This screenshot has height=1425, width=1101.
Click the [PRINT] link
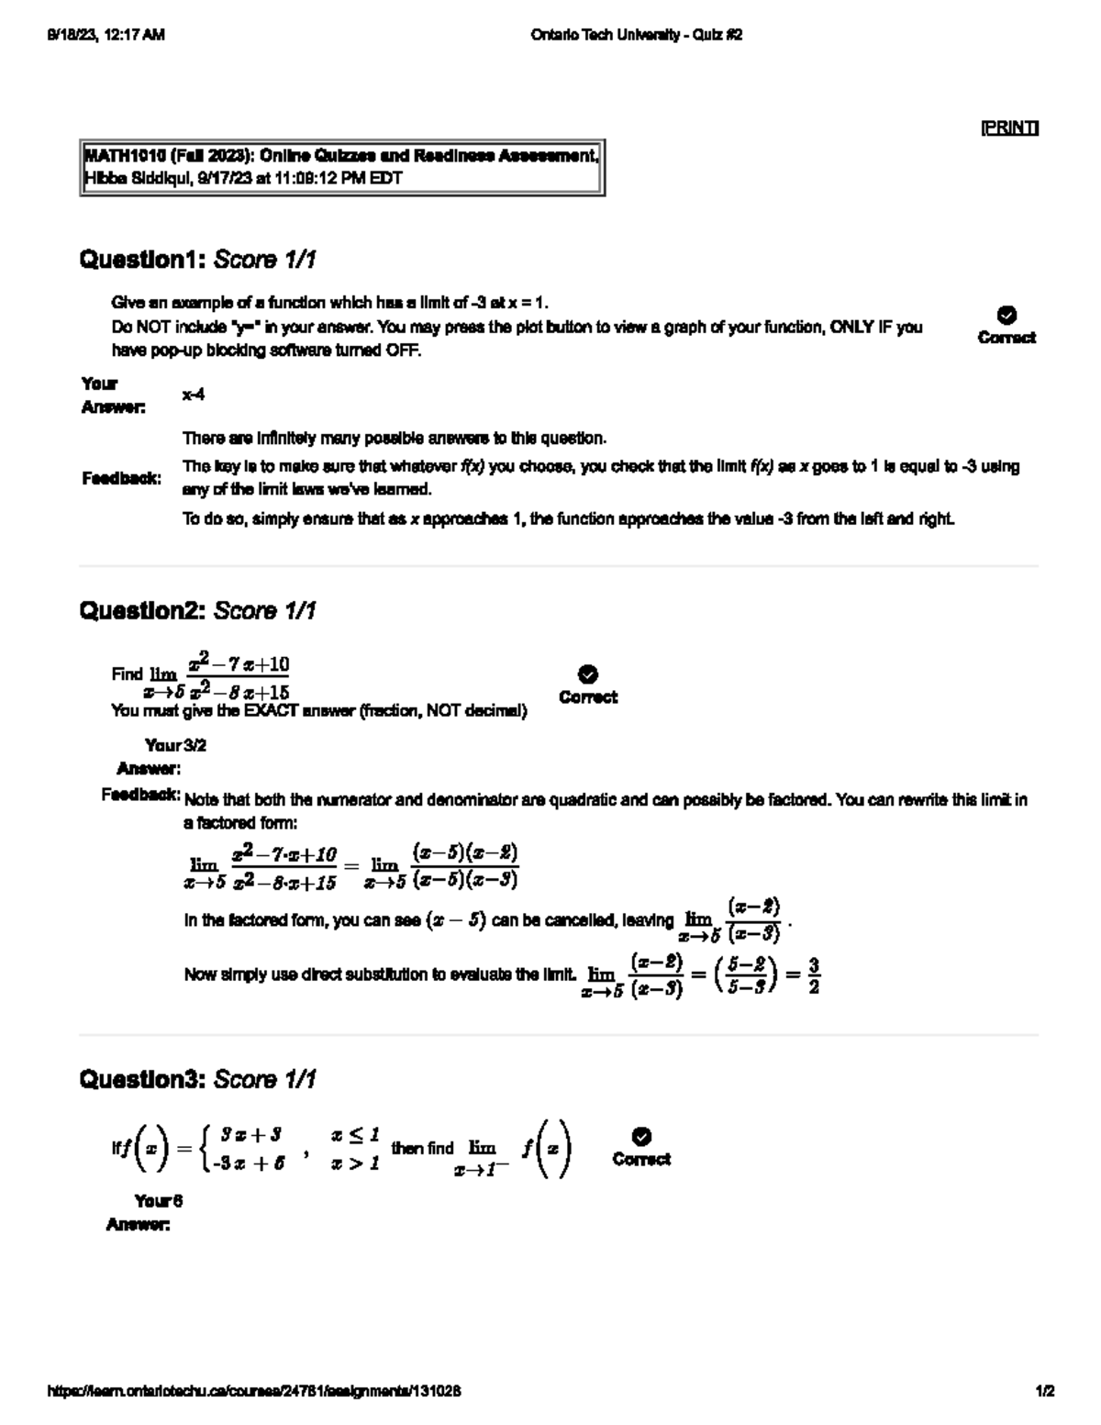click(x=1009, y=128)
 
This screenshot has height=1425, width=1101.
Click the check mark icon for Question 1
click(x=1006, y=315)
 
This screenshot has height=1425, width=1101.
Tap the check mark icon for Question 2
click(x=588, y=674)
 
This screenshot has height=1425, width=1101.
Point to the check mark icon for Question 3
click(x=642, y=1137)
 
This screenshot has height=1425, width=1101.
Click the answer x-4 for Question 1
click(x=193, y=395)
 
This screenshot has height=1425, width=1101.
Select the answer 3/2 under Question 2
click(x=195, y=745)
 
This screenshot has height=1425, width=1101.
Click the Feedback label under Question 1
click(x=121, y=478)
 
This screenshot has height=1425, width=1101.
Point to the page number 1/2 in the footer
click(x=1045, y=1391)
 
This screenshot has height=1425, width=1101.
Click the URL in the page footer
click(x=253, y=1391)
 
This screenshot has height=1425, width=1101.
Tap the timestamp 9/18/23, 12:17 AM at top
click(x=105, y=35)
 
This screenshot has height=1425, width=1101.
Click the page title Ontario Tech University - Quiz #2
click(x=636, y=35)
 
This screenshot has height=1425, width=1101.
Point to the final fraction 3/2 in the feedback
click(x=814, y=976)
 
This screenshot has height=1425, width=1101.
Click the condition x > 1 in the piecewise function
click(x=355, y=1163)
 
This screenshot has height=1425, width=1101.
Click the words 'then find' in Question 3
click(x=422, y=1148)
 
